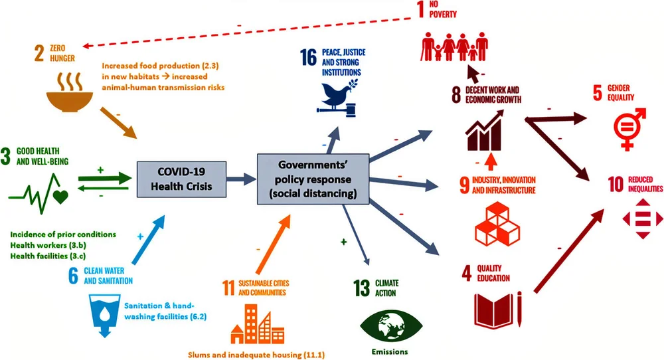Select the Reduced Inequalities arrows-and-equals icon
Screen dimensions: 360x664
pyautogui.click(x=641, y=219)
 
